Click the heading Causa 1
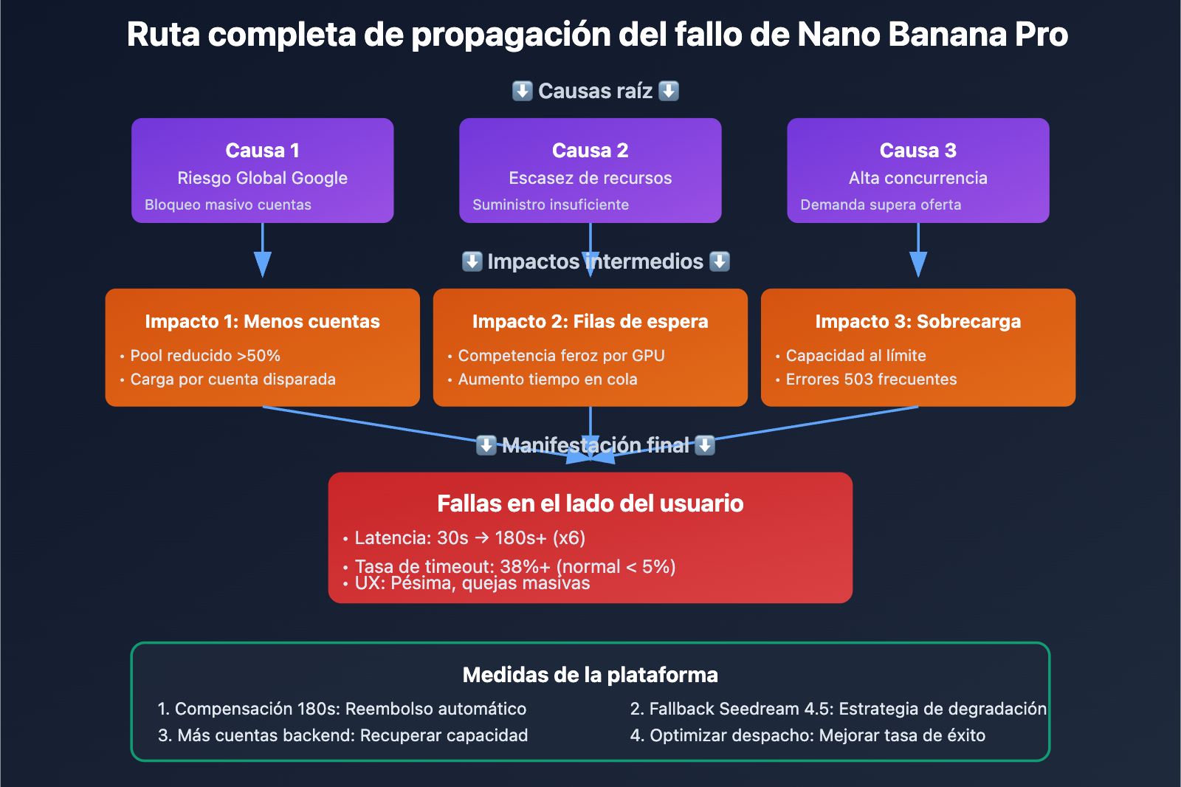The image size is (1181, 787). coord(262,151)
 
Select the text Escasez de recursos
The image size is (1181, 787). coord(590,178)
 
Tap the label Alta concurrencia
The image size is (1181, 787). coord(917,178)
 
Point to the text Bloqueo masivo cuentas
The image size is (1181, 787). coord(227,205)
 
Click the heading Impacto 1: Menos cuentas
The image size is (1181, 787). coord(262,322)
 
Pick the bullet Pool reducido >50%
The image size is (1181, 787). coord(205,356)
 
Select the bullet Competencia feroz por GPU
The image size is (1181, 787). coord(561,356)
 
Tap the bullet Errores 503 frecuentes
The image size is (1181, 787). coord(871,379)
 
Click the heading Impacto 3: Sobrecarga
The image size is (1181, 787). coord(917,322)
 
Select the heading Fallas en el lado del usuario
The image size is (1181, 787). coord(590,504)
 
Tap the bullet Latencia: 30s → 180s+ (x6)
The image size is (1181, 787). coord(469,538)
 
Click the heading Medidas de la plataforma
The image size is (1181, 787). coord(590,675)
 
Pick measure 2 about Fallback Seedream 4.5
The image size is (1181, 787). coord(838,709)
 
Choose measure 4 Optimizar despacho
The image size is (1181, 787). coord(808,735)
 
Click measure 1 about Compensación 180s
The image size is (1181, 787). coord(342,709)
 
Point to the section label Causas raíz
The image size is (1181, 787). coord(595,91)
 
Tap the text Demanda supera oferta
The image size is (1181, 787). coord(881,205)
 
